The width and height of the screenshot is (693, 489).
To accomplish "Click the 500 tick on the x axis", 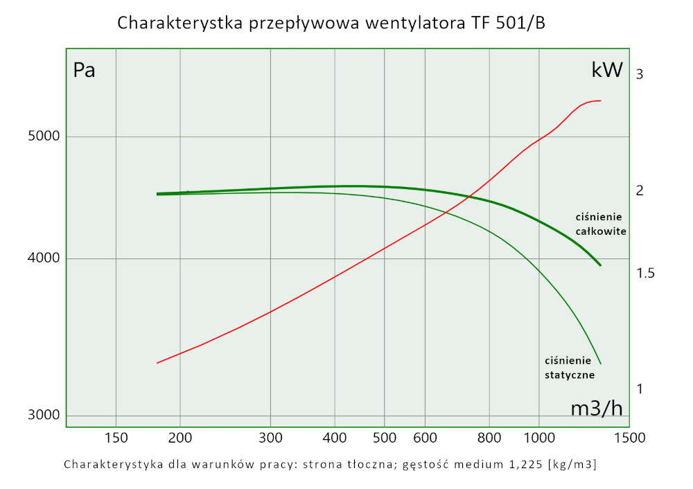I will (x=384, y=438).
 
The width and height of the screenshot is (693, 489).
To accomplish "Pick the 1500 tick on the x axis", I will (x=630, y=438).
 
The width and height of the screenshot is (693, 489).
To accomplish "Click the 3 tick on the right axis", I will (x=640, y=74).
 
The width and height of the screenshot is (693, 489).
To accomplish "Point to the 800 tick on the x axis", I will (x=489, y=438).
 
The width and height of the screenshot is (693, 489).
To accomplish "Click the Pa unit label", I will (x=84, y=71).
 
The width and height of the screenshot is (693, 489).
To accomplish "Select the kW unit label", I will (x=607, y=71).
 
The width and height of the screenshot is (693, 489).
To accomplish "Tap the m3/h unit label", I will (x=596, y=409).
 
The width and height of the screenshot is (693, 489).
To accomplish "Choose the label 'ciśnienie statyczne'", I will (x=568, y=367).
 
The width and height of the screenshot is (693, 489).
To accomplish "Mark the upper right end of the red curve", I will (x=600, y=100).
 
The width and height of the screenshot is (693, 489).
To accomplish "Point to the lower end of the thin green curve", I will (x=600, y=364).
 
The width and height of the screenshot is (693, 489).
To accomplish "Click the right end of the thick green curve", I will (x=600, y=265).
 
